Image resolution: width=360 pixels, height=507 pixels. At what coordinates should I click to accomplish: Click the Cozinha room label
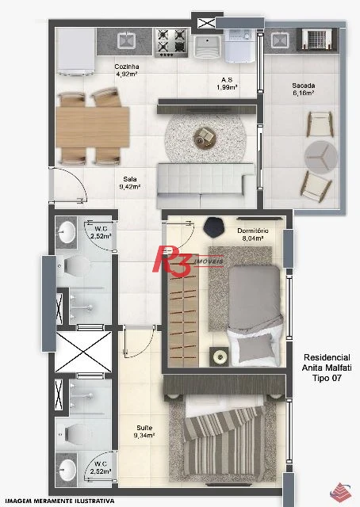127,71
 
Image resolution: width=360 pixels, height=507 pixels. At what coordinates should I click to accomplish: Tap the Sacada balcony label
304,90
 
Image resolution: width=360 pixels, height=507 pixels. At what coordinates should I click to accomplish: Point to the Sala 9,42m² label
129,183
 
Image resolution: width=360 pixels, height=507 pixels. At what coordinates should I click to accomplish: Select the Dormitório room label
252,234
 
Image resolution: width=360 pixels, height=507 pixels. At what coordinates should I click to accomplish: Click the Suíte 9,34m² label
144,431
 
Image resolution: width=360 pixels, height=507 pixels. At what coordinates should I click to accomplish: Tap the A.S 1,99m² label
227,83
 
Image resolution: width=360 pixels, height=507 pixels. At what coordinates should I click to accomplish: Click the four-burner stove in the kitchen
171,43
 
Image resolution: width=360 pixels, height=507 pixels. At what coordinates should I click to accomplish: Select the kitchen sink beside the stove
126,40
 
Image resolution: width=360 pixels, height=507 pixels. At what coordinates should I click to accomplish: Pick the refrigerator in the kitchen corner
76,51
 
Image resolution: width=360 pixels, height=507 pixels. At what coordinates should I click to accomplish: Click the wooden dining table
93,128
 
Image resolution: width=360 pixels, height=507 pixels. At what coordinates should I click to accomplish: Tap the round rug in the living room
205,137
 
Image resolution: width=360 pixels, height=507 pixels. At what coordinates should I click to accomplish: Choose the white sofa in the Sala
205,185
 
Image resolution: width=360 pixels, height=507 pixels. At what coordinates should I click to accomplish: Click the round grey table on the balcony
321,157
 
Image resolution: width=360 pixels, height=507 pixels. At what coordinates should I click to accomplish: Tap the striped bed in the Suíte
225,440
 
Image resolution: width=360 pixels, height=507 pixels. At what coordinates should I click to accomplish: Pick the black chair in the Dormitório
213,227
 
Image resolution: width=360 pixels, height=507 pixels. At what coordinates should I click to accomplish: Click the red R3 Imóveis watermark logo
188,261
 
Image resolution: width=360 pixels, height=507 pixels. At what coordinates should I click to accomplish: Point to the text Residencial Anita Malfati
327,363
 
